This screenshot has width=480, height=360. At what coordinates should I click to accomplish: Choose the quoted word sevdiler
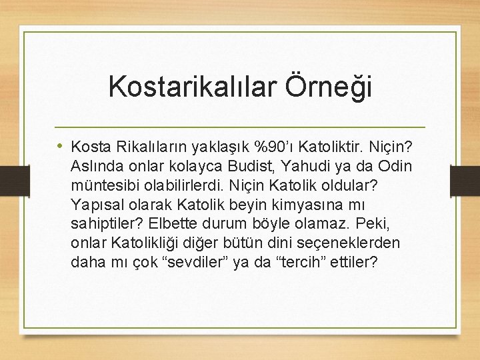click(191, 261)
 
